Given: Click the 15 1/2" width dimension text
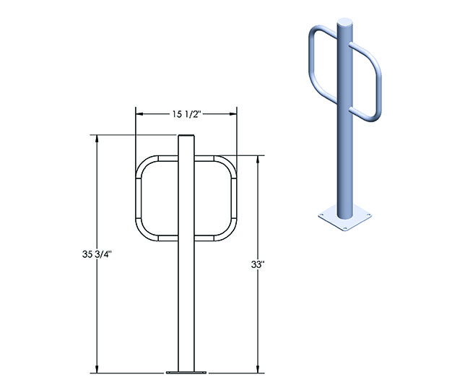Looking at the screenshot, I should coord(187,113).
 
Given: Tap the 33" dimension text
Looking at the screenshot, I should coord(258,264).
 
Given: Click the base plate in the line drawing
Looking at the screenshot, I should coord(187,373).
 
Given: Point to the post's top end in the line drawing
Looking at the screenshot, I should coord(187,137).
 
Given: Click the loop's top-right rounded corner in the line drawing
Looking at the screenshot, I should coord(230,163).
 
